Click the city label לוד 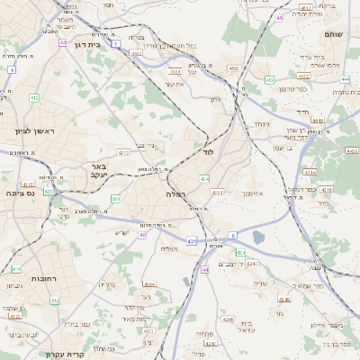(x=209, y=153)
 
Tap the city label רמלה (x=175, y=194)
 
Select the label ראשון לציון (x=34, y=131)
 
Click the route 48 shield (x=280, y=17)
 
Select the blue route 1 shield (x=117, y=41)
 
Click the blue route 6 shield (x=231, y=235)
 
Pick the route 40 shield (x=143, y=235)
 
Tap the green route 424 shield (x=251, y=264)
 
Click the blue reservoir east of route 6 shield (x=259, y=238)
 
